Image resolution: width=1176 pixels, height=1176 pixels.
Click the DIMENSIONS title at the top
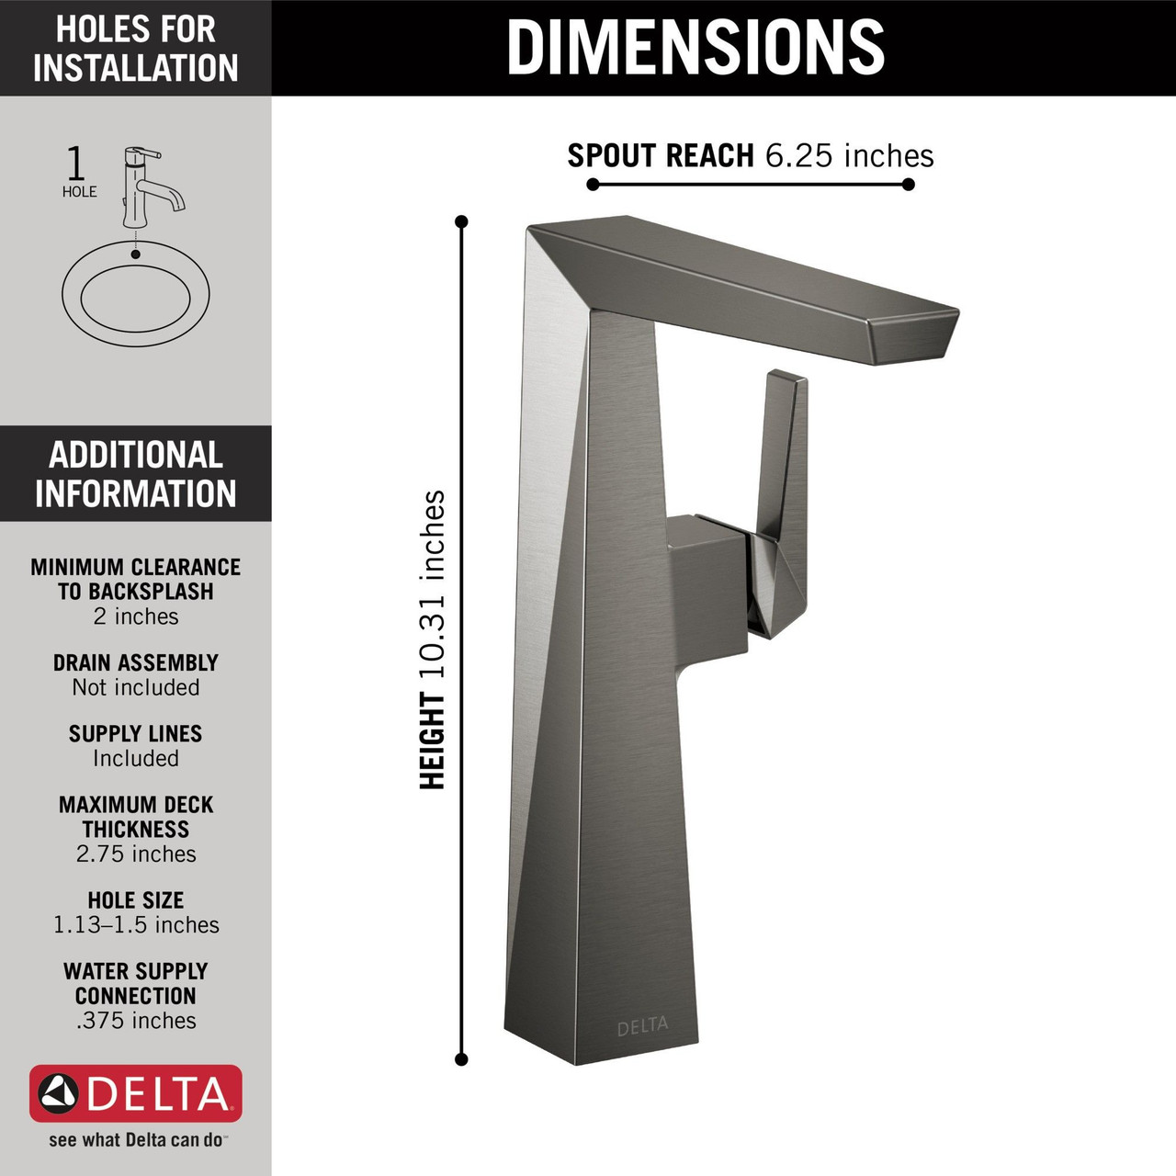coord(695,48)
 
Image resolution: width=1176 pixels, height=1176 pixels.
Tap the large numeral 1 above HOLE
coord(76,164)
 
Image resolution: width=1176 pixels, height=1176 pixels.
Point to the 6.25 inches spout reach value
coord(849,156)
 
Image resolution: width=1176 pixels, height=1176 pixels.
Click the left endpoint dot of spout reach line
coord(593,185)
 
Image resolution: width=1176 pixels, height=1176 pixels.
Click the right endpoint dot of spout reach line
coord(908,185)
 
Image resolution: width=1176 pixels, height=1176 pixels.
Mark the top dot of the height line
coord(461,221)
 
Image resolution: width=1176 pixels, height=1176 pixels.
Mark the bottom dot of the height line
coord(461,1059)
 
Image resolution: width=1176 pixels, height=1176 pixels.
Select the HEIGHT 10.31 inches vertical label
coord(433,639)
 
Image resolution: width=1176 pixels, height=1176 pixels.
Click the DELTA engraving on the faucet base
coord(642,1026)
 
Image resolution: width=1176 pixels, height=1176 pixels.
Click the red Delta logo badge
coord(136,1093)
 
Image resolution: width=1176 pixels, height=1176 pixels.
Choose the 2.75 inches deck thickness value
coord(136,854)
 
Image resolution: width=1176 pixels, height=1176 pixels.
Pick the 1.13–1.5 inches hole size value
coord(136,925)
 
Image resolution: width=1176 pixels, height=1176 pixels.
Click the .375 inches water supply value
coord(136,1021)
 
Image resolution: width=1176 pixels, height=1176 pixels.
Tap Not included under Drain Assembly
coord(136,687)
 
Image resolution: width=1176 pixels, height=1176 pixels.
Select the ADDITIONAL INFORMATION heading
coord(136,474)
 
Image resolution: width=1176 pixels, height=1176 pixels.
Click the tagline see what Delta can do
coord(136,1140)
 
